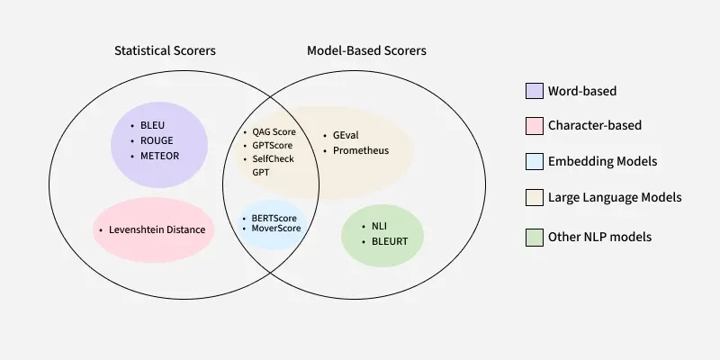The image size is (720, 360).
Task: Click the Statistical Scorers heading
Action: [x=165, y=51]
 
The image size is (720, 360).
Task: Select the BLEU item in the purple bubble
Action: [x=153, y=126]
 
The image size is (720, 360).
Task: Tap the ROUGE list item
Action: [x=157, y=140]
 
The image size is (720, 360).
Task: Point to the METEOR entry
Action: [x=159, y=155]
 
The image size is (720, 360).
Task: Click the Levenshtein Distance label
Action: [x=157, y=229]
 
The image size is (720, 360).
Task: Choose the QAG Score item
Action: [x=274, y=131]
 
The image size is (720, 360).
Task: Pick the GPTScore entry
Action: [x=272, y=145]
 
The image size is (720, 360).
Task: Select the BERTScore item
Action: [x=274, y=218]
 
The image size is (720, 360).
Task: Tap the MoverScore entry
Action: [x=276, y=229]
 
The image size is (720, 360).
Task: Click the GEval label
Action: [x=346, y=135]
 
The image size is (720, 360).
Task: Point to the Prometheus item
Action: [x=361, y=150]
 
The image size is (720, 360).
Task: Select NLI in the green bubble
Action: [x=379, y=227]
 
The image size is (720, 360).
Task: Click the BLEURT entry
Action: [x=389, y=241]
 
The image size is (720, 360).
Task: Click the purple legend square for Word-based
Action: [x=533, y=91]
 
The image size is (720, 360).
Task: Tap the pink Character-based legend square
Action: [x=533, y=126]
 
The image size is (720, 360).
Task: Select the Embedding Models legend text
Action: [x=602, y=161]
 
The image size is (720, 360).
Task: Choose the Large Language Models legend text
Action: [x=615, y=196]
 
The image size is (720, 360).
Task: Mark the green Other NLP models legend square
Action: [x=533, y=237]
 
